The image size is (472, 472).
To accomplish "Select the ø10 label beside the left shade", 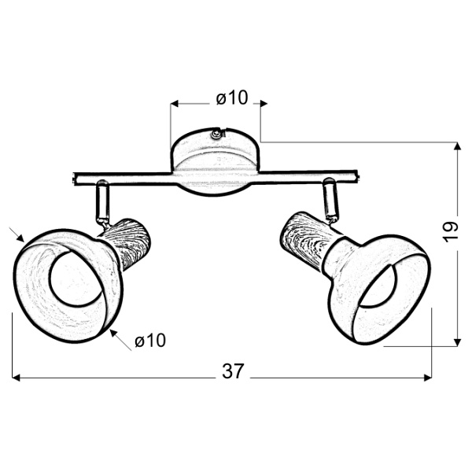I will (149, 341).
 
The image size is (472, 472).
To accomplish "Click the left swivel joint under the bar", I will (101, 201).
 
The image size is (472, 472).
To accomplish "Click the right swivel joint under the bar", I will (330, 199).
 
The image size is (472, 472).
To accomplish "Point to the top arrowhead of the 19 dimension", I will (457, 146).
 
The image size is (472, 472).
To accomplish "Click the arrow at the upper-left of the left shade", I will (20, 236).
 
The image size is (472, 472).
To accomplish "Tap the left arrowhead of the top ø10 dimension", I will (175, 103).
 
